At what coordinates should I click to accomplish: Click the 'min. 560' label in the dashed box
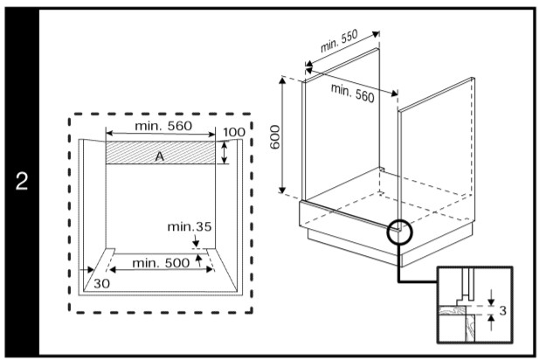pos(162,126)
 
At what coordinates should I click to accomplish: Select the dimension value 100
pos(233,132)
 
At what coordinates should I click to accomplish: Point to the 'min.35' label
pos(190,227)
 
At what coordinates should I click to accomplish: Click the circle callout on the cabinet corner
pos(399,231)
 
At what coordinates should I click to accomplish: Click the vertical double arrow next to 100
pos(225,152)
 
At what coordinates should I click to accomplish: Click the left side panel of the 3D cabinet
pos(340,131)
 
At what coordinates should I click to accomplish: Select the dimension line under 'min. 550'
pos(343,52)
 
